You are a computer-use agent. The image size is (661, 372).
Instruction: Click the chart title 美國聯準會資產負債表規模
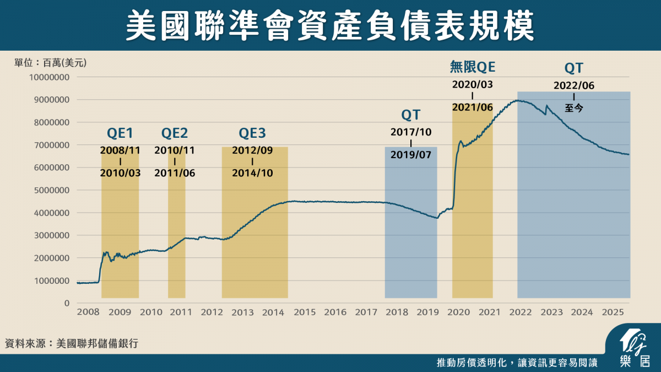330,25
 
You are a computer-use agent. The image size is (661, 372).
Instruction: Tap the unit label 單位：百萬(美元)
50,62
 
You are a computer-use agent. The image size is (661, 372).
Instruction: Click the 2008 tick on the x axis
89,312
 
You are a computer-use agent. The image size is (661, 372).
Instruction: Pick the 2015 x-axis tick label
305,312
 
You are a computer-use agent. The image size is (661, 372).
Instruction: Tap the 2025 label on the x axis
612,312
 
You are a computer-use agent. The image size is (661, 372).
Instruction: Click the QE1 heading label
120,133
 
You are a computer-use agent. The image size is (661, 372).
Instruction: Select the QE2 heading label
175,133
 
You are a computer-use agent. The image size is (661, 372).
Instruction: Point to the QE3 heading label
252,133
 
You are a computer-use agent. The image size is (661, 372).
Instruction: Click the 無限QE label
473,67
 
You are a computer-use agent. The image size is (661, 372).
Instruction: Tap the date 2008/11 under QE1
120,150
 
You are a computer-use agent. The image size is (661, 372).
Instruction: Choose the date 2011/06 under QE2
175,172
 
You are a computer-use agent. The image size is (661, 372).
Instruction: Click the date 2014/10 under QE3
252,172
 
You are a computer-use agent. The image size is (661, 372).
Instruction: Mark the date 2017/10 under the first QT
411,132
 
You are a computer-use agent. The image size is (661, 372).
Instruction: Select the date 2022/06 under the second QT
574,85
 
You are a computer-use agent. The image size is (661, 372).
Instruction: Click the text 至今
574,108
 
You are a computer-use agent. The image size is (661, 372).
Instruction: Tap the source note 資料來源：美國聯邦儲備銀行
71,343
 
